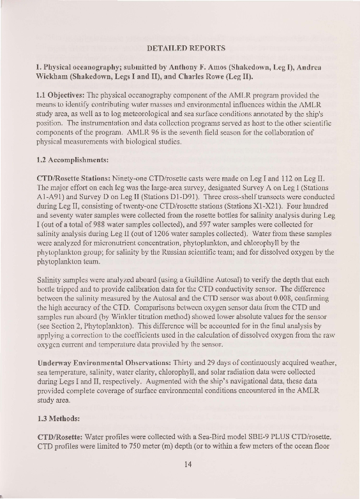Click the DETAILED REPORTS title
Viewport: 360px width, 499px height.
(186, 48)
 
